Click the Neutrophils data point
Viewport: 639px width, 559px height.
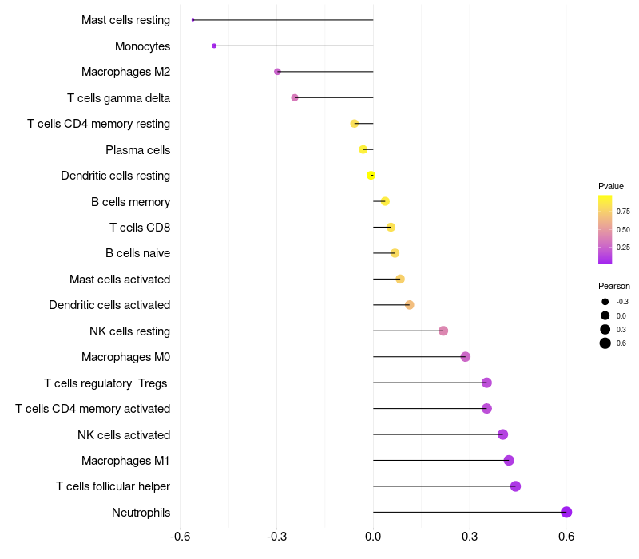coord(566,513)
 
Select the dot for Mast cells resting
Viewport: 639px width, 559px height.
coord(193,20)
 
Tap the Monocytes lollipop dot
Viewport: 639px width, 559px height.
coord(214,46)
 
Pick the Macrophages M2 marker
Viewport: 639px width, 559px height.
coord(277,72)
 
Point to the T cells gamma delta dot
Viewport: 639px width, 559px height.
coord(295,97)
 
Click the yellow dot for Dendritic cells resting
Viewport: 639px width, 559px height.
coord(371,176)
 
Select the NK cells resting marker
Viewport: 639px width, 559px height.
coord(443,331)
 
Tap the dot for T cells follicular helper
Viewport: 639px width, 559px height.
coord(515,486)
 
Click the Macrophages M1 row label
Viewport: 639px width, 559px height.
coord(125,461)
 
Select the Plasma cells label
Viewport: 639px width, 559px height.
coord(137,150)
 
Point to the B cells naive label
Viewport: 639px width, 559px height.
coord(137,253)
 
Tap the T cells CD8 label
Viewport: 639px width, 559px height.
coord(140,228)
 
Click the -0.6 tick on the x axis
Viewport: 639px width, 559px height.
coord(181,536)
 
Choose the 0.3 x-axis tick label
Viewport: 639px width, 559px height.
coord(470,536)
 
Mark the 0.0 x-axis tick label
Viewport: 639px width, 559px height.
coord(373,536)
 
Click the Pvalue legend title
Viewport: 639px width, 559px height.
coord(611,186)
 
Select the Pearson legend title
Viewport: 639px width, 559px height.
coord(613,286)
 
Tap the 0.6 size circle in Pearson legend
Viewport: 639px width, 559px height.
coord(605,343)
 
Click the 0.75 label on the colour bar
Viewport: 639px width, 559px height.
coord(623,212)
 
